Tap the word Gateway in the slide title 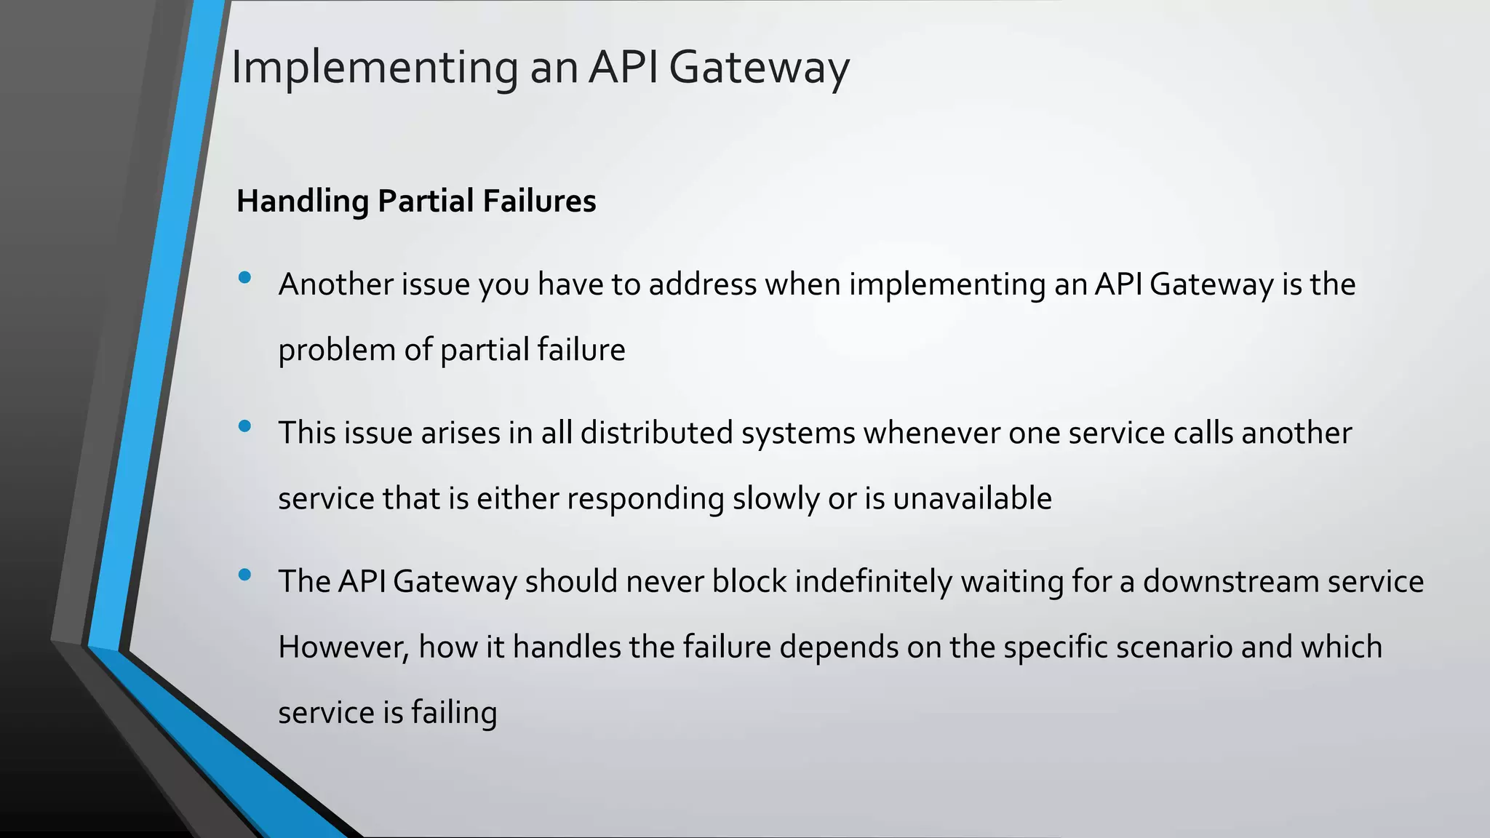coord(758,68)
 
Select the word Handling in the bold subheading coord(303,201)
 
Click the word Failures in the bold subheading coord(538,201)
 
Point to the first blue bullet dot coord(244,277)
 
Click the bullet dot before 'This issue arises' coord(244,426)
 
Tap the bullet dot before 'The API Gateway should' coord(244,575)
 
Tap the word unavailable coord(972,499)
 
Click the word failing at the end coord(454,713)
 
